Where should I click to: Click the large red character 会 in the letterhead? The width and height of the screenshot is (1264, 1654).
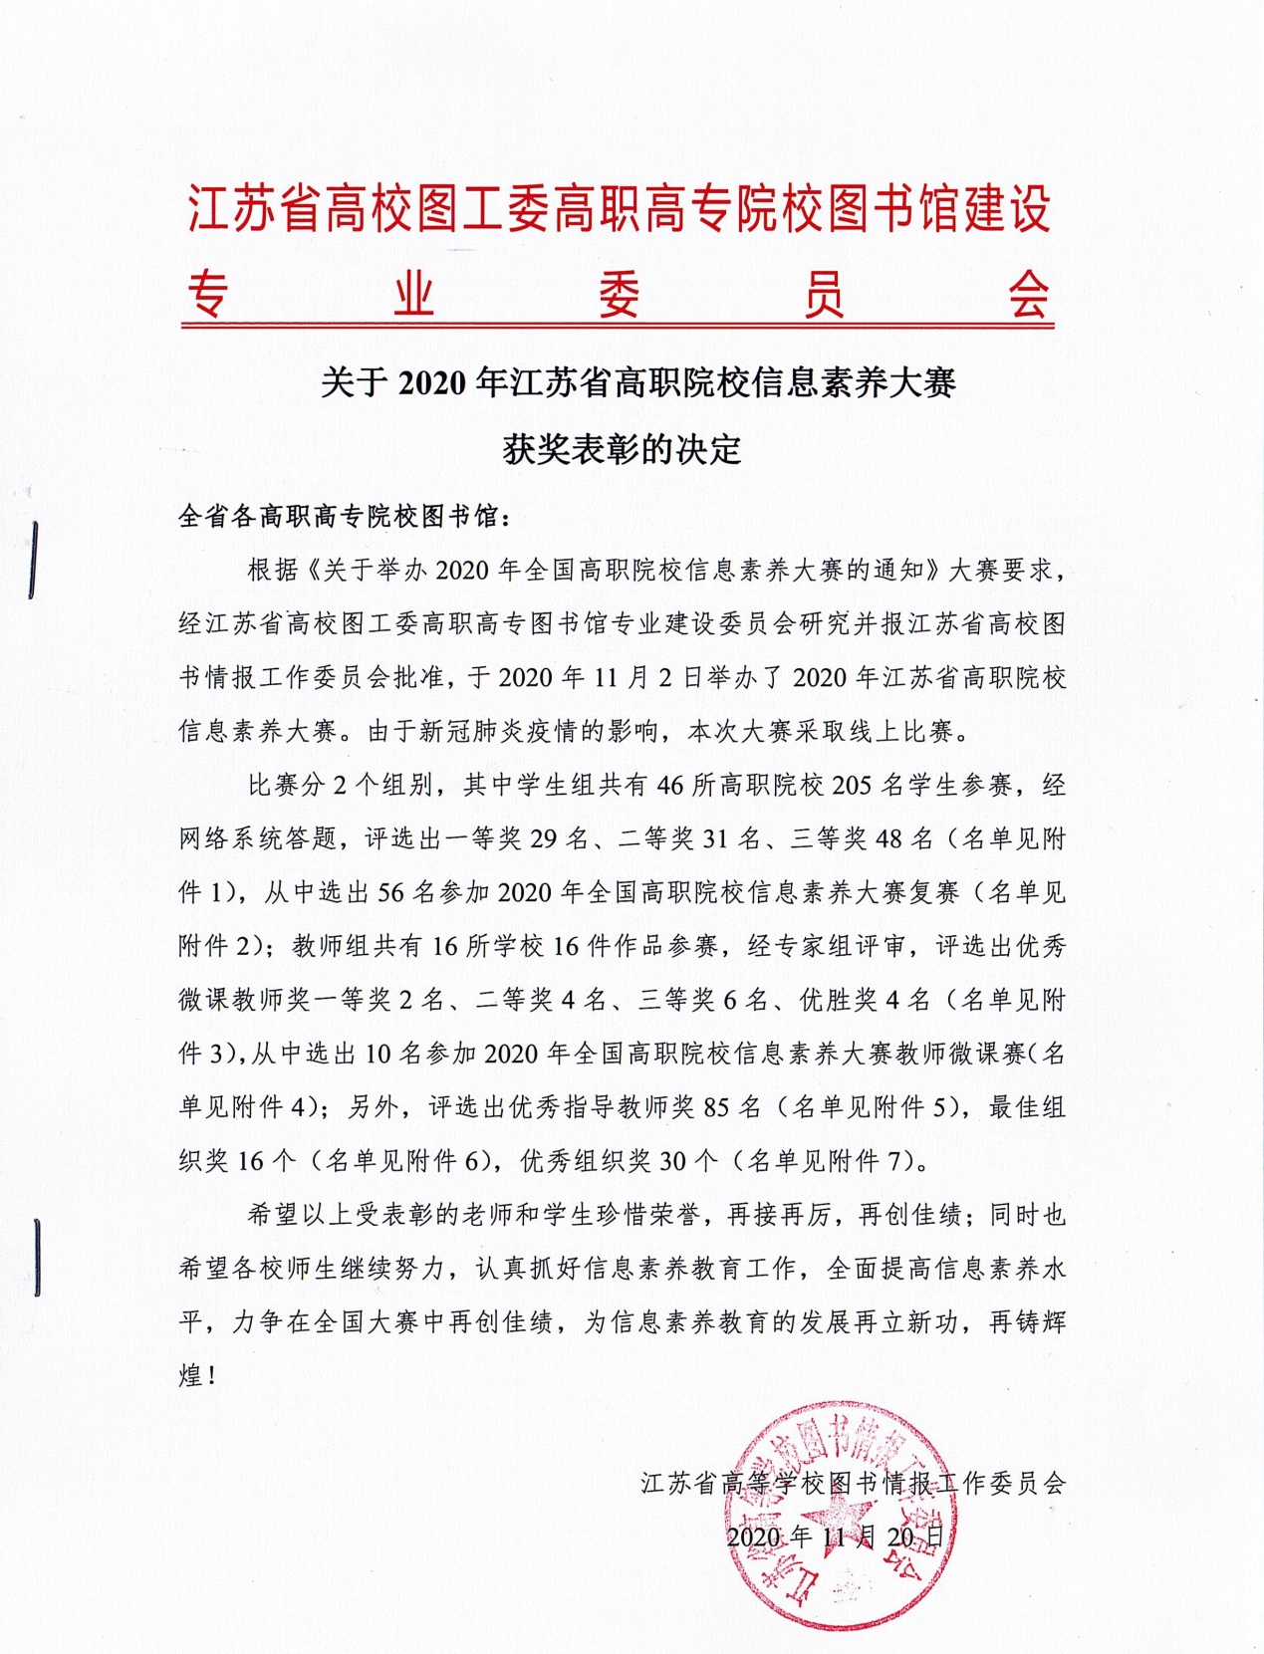pos(1026,295)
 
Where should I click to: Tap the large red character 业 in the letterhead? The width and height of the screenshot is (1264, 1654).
pos(413,295)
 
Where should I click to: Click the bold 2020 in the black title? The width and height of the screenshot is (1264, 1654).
pos(433,382)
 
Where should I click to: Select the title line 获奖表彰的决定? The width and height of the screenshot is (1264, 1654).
pos(622,449)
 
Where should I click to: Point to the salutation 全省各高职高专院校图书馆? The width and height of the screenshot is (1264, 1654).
pos(339,516)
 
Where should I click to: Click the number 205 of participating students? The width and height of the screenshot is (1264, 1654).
pos(852,786)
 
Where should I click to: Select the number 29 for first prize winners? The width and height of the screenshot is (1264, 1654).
pos(543,839)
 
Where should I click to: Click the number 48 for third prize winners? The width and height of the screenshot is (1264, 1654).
pos(888,839)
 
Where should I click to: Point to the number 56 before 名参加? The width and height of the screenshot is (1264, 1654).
pos(390,893)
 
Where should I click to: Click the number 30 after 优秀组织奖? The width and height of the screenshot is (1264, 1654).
pos(673,1161)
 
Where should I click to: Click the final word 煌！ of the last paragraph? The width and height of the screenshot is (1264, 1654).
pos(197,1376)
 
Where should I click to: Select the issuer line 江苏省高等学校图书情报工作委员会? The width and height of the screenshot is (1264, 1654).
pos(853,1483)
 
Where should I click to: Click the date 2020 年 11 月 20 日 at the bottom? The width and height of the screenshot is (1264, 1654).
pos(835,1536)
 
